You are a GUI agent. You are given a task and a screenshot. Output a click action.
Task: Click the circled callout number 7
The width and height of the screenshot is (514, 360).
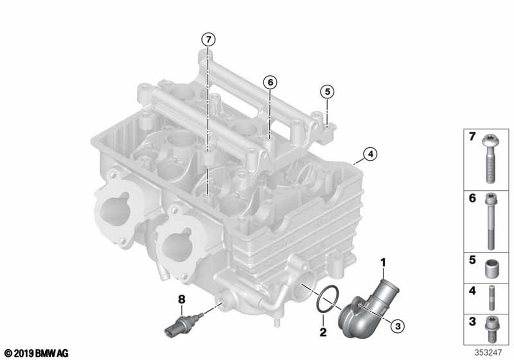(x=209, y=40)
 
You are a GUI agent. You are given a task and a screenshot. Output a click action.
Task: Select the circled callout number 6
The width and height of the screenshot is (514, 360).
(x=270, y=82)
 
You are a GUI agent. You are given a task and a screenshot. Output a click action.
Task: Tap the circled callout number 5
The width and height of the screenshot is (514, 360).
(x=327, y=92)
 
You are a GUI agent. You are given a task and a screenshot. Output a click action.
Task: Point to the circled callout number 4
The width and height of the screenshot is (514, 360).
(x=370, y=154)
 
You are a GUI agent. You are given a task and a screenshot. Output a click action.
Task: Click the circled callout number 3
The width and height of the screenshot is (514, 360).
(x=398, y=326)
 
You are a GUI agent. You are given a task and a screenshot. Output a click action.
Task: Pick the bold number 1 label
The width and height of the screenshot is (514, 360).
(x=383, y=263)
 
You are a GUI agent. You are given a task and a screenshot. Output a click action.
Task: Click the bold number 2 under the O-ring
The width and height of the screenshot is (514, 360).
(x=323, y=332)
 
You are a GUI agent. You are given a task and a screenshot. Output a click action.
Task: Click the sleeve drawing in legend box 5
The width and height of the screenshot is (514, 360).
(x=491, y=269)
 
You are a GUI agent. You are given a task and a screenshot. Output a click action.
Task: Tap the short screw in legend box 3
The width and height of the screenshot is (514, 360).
(x=491, y=329)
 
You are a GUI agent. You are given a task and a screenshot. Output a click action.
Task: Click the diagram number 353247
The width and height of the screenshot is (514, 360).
(x=488, y=352)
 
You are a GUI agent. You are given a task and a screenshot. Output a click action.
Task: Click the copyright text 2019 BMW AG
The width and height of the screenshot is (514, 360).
(x=36, y=353)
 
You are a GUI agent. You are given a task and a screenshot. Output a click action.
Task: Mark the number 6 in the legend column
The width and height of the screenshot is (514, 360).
(x=472, y=199)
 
